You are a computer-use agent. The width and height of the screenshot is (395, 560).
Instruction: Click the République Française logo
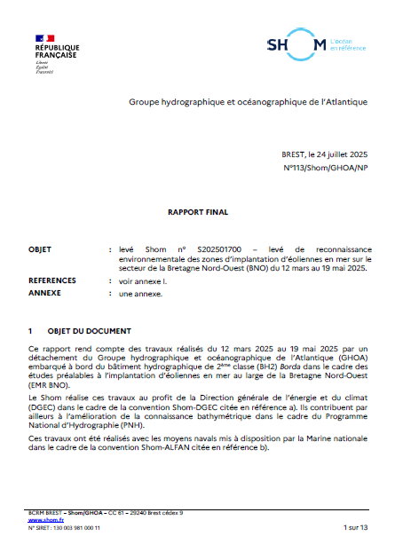click(56, 52)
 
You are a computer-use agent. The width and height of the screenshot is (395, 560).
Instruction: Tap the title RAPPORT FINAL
click(197, 213)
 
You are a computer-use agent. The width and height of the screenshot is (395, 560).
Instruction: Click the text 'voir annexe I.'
click(145, 280)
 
